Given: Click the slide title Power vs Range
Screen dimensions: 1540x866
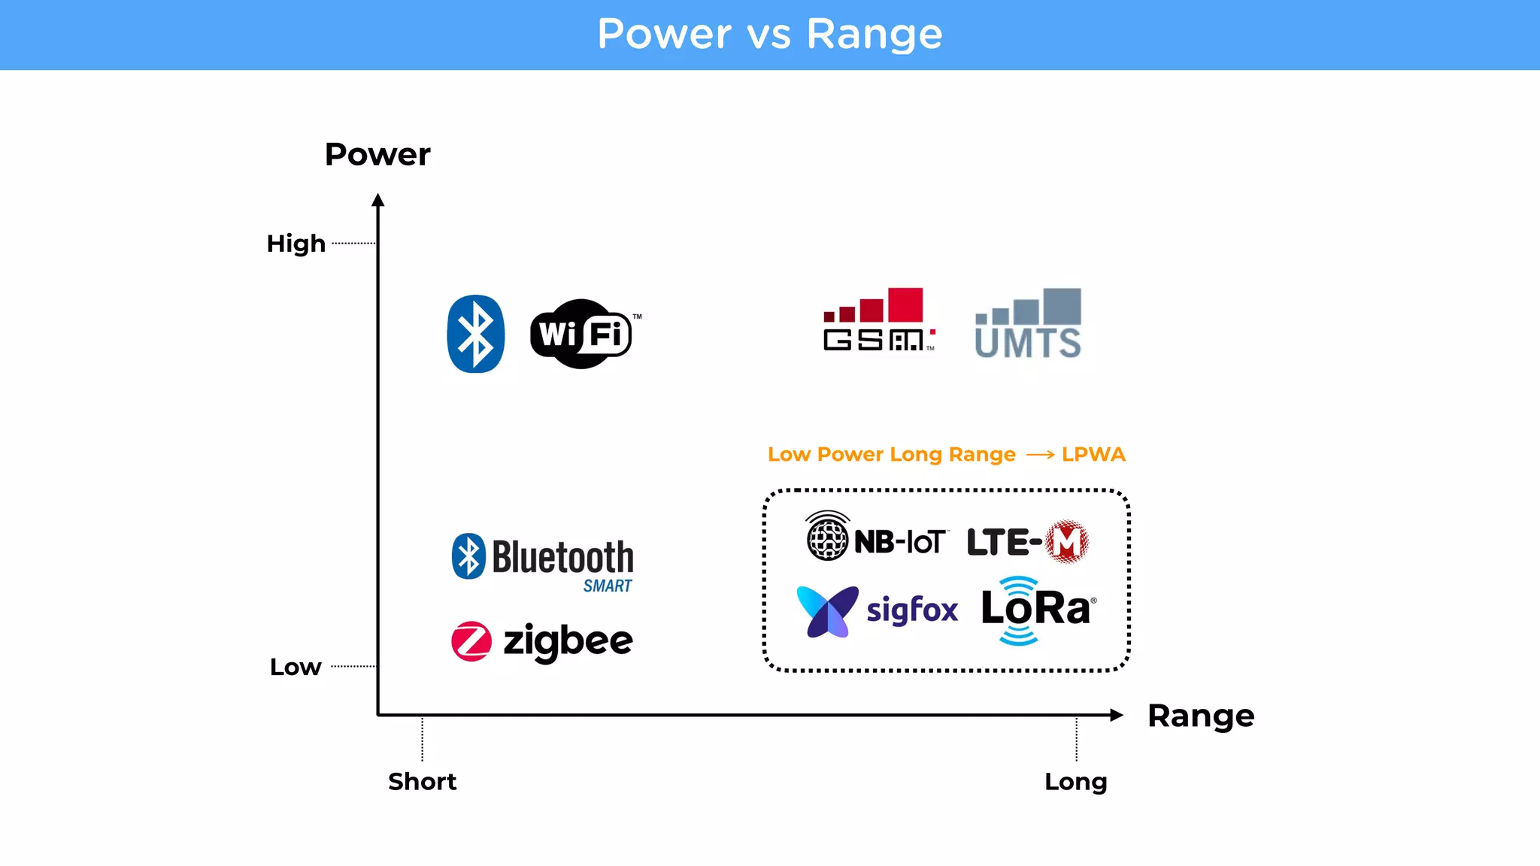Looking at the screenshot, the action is click(769, 35).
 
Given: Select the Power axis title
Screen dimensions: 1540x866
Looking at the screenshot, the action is click(377, 155).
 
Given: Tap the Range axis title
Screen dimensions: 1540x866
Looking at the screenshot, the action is click(1200, 716).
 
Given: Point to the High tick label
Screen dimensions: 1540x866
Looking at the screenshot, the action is click(296, 244).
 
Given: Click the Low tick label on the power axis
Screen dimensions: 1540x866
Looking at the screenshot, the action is click(296, 667).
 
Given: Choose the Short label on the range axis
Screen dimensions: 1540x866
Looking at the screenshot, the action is click(422, 782).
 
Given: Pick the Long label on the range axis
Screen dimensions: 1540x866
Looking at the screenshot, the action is click(1075, 782).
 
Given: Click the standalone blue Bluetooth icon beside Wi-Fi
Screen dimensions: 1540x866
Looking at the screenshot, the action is click(475, 334).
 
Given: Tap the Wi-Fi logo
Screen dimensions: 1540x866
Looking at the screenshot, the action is click(582, 334).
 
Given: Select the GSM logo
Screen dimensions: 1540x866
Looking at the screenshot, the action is click(878, 320).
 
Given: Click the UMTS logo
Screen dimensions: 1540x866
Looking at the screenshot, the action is click(1028, 323).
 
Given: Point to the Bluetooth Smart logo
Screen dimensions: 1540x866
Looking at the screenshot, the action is click(543, 562).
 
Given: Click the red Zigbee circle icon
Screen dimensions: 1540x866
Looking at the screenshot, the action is click(471, 641).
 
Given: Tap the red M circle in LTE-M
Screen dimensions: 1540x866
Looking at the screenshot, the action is click(1067, 541).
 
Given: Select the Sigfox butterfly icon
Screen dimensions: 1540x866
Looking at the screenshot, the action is click(827, 610).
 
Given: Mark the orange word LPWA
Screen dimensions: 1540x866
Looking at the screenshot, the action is click(1093, 455).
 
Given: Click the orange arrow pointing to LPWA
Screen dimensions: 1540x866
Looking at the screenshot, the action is click(1040, 455).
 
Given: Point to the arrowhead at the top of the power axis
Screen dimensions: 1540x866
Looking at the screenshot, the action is click(378, 200).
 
